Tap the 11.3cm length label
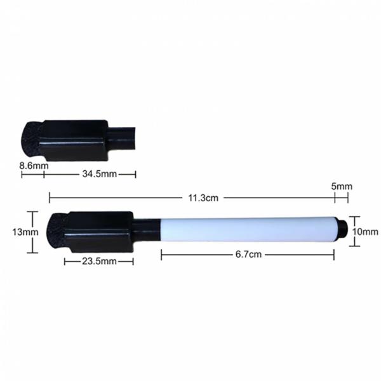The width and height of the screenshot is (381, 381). (x=203, y=197)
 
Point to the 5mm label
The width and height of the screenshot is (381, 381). (x=342, y=186)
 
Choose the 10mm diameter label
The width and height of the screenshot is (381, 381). (x=365, y=232)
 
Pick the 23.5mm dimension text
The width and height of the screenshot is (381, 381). (x=98, y=261)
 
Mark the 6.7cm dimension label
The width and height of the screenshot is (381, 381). (x=248, y=254)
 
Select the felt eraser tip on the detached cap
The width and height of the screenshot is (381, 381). (x=31, y=138)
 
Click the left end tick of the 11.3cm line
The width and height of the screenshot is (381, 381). (x=50, y=197)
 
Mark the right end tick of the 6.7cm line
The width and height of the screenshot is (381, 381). (x=334, y=254)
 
